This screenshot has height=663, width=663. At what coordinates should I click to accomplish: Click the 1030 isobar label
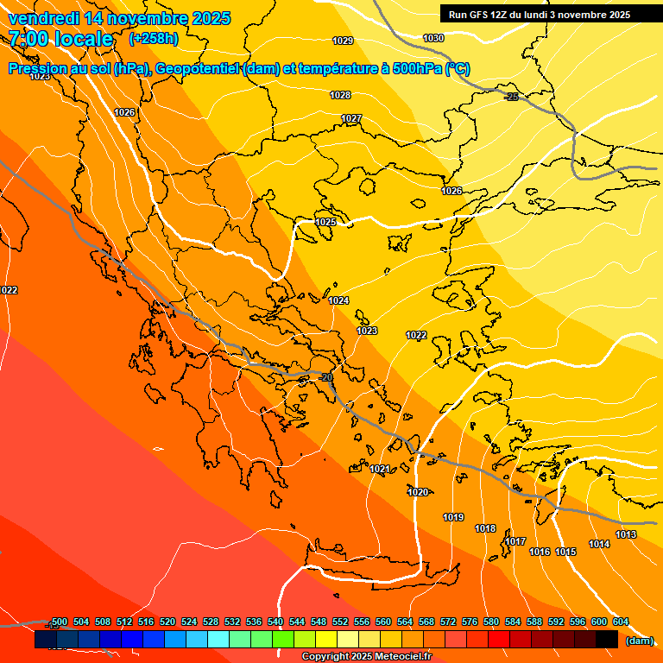point(433,38)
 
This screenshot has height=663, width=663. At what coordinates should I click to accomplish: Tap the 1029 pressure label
point(343,41)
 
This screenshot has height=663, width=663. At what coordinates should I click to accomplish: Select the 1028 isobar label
point(340,95)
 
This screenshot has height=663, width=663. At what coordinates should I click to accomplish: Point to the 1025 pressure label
point(325,222)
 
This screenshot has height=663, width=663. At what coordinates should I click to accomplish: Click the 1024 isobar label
point(338,300)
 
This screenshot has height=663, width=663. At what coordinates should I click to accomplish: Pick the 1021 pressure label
point(380,469)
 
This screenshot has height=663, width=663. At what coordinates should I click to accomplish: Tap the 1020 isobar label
point(418,492)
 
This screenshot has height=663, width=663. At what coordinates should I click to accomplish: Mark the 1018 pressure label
point(485,528)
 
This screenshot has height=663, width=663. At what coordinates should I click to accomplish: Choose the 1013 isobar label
point(626,535)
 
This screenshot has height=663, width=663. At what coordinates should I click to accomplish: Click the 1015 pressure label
point(565,552)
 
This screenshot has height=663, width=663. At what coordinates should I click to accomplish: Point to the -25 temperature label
point(511,98)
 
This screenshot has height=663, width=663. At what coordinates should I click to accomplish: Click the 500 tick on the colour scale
point(60,622)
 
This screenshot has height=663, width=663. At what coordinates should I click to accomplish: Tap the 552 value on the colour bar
point(341,622)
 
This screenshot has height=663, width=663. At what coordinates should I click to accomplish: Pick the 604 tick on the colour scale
point(621,622)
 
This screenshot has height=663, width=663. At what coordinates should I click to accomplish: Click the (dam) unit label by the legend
point(638,640)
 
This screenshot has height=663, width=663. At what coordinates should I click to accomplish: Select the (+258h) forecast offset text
point(154,38)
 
